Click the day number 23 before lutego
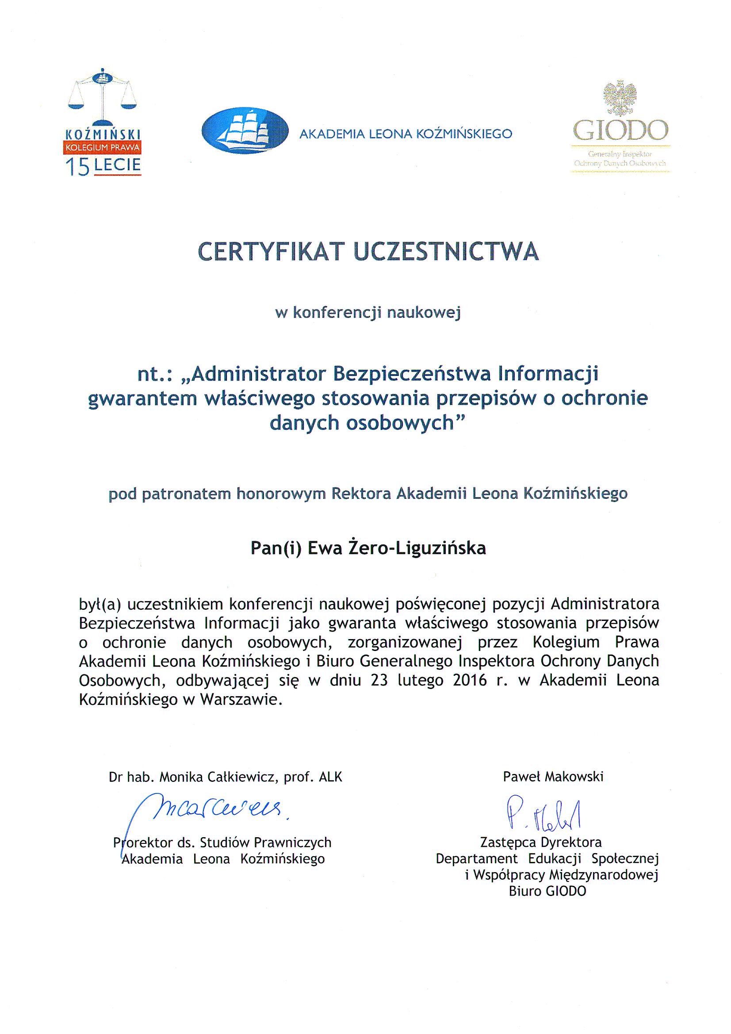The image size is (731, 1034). [381, 680]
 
